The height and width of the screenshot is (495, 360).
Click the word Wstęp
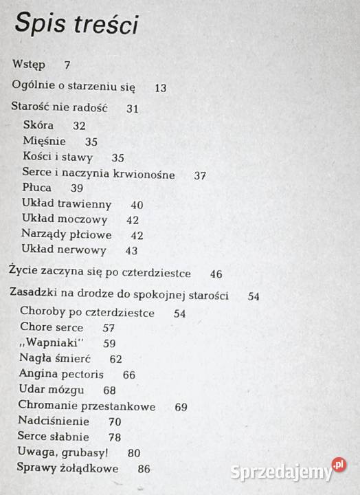point(29,65)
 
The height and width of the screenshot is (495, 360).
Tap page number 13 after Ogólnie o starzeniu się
point(161,87)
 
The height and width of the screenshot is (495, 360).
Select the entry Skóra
point(38,125)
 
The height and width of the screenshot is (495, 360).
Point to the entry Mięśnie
point(45,141)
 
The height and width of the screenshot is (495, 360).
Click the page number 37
point(200,175)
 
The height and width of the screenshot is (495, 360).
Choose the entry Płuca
point(36,188)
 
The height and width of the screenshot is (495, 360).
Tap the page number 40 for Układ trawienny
point(137,204)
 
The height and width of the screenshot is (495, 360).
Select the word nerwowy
point(84,250)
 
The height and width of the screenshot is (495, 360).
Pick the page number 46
point(216,274)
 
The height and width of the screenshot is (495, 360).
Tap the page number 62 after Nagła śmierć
point(115,358)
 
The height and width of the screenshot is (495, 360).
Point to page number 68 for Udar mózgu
point(109,390)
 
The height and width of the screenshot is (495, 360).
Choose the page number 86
point(144,469)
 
